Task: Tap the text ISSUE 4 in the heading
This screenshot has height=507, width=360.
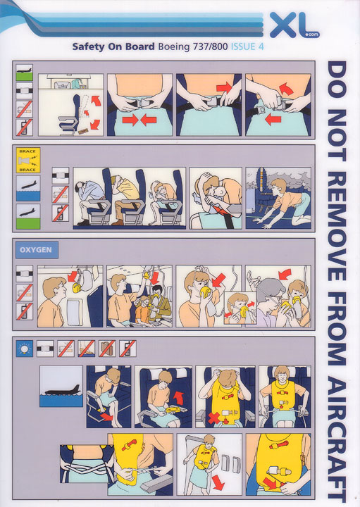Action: click(247, 47)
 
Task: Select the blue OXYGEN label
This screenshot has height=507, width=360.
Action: click(37, 250)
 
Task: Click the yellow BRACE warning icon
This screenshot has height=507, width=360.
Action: click(28, 161)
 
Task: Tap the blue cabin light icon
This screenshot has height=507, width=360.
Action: click(25, 349)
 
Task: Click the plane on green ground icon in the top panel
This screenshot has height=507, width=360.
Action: click(24, 73)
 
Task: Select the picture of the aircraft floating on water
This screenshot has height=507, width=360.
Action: click(61, 387)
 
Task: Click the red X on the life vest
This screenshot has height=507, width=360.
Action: click(213, 418)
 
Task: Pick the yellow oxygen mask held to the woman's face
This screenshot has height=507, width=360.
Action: click(206, 292)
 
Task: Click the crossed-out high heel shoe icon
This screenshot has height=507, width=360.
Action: click(87, 349)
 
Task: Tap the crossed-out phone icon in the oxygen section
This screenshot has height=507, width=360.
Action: click(25, 311)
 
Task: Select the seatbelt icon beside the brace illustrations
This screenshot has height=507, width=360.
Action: click(61, 176)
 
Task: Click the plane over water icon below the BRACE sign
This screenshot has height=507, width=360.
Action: click(28, 189)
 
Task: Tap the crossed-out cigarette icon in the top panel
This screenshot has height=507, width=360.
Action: click(24, 110)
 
